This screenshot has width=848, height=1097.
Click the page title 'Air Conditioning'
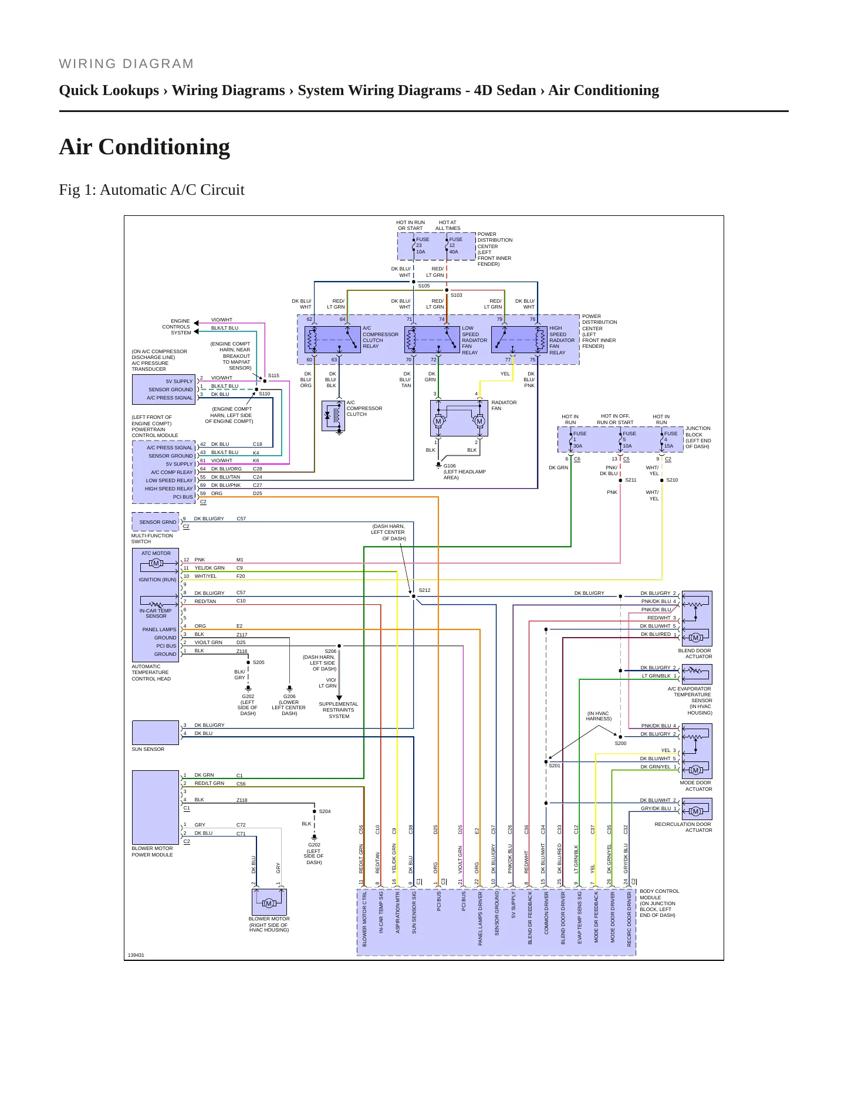pos(144,147)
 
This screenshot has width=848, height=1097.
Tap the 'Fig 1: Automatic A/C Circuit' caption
pos(151,190)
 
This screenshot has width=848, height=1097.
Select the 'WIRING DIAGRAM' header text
pos(126,64)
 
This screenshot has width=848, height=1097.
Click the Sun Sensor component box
pos(156,733)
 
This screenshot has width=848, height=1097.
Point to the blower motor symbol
pos(269,902)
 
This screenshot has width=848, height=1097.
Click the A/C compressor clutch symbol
pos(333,416)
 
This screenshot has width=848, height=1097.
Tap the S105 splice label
pos(424,286)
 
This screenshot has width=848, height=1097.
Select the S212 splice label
pos(424,590)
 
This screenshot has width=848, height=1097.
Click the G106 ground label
pos(450,466)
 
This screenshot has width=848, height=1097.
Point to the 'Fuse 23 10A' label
pos(423,245)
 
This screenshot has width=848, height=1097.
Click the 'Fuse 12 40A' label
pos(456,245)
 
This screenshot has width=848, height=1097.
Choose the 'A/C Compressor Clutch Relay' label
pos(380,337)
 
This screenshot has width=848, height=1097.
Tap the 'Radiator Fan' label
pos(504,405)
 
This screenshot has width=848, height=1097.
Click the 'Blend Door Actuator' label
pos(695,654)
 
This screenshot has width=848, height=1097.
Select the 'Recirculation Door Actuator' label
pos(683,827)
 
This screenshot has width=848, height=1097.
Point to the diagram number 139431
pos(136,955)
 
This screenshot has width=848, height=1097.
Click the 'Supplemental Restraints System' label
pos(339,710)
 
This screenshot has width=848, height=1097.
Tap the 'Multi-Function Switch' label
pos(152,539)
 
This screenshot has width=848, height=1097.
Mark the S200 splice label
pos(620,743)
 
